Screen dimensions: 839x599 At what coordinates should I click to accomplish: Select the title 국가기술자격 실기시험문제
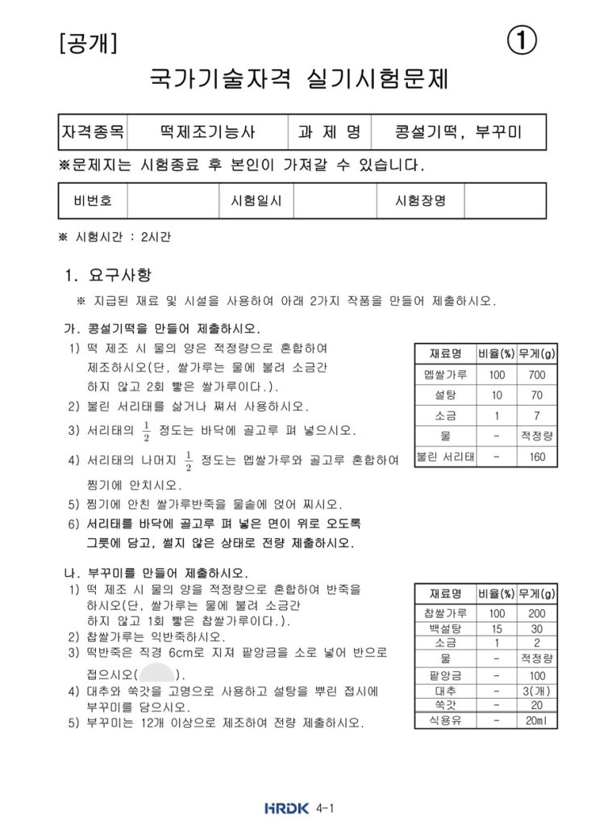coord(299,80)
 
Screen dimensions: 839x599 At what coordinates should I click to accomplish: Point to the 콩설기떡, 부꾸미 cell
coord(459,131)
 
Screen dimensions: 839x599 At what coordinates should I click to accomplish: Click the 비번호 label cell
coord(93,201)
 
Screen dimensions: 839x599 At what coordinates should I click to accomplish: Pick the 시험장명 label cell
coord(420,201)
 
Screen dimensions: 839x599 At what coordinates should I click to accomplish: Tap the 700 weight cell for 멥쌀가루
coord(537,374)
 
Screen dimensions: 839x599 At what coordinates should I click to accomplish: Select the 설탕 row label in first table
coord(445,395)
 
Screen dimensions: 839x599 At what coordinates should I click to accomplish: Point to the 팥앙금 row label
coord(445,675)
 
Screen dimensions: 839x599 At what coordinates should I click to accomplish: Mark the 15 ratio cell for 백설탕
coord(497,628)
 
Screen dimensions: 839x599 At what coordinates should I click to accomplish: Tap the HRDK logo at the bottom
coord(286,808)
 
